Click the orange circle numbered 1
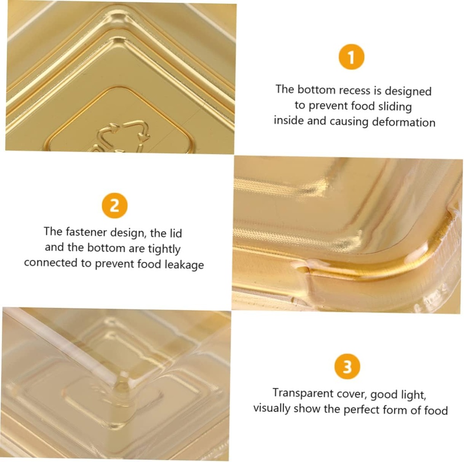351,57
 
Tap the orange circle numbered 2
115,205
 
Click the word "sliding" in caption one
395,106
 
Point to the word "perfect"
362,410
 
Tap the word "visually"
272,409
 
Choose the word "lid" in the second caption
176,233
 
